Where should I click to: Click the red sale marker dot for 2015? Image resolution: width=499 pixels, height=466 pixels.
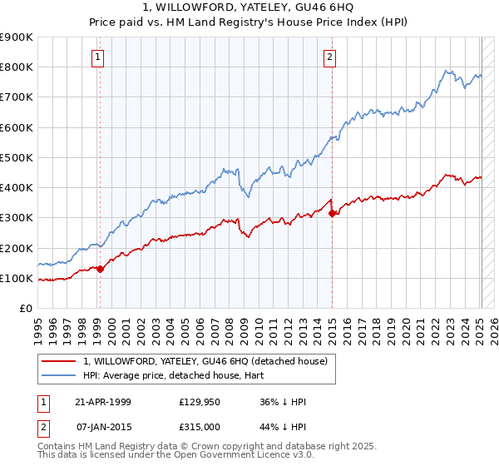click(x=333, y=213)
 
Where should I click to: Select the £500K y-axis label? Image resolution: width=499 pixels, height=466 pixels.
click(x=17, y=157)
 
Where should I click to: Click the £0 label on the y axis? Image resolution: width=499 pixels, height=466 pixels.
click(x=26, y=309)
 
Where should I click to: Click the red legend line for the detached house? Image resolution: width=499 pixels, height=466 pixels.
click(x=59, y=361)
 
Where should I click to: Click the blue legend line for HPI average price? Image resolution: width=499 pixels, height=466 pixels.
click(x=59, y=375)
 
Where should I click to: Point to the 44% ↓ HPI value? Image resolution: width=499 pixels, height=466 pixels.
click(x=284, y=427)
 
